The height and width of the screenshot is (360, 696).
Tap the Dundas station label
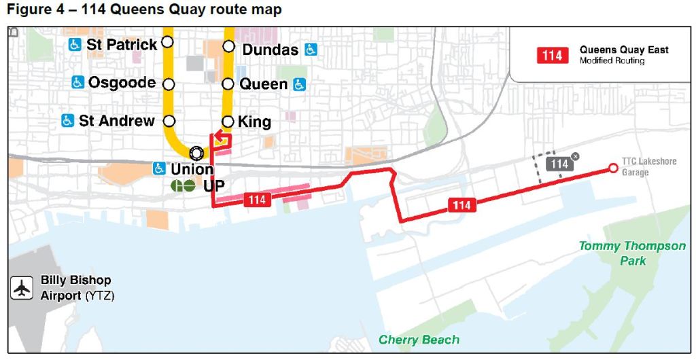click(x=270, y=50)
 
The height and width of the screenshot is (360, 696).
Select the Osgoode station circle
click(x=169, y=84)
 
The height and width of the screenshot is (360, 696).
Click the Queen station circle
click(x=228, y=85)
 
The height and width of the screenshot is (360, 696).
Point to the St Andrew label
click(x=116, y=121)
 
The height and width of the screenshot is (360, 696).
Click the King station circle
click(x=228, y=122)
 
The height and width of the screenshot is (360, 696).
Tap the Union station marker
click(x=196, y=152)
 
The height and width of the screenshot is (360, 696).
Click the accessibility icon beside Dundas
click(x=311, y=49)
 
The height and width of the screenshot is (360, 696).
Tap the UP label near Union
click(x=214, y=185)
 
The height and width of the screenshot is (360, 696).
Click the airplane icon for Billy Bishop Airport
click(x=22, y=287)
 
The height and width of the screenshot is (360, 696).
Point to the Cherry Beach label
click(x=419, y=340)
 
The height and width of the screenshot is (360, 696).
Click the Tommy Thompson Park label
click(x=632, y=253)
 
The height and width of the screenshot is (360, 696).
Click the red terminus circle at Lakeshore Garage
click(x=612, y=168)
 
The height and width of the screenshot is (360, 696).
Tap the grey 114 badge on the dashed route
click(x=559, y=164)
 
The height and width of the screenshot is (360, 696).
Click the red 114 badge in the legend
click(x=551, y=55)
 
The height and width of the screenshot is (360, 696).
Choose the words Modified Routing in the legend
click(x=612, y=61)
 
